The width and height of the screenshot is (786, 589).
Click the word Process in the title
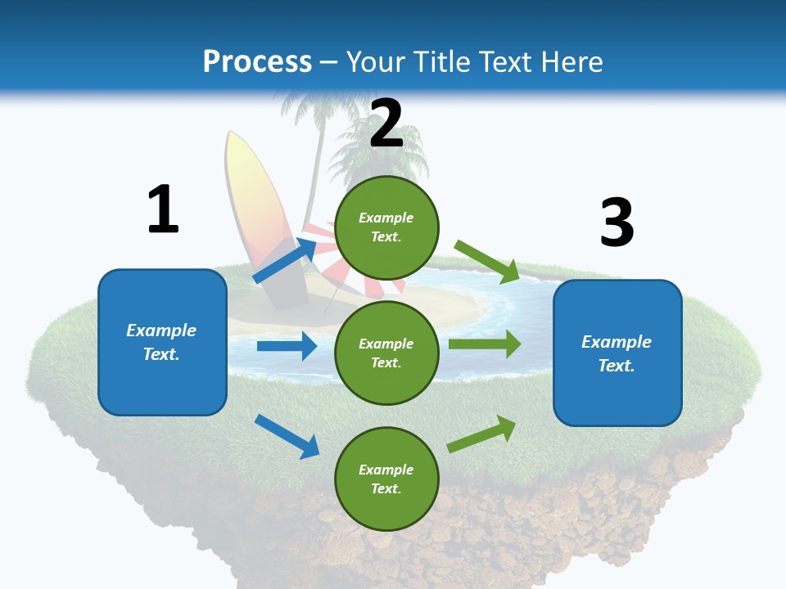(257, 62)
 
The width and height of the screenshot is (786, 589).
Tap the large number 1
(163, 210)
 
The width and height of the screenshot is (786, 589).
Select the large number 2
(386, 124)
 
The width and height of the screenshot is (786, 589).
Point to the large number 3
(617, 223)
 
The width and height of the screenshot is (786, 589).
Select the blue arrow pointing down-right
(287, 436)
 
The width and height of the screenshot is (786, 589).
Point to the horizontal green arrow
(484, 344)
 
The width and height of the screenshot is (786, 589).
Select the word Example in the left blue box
(161, 330)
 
